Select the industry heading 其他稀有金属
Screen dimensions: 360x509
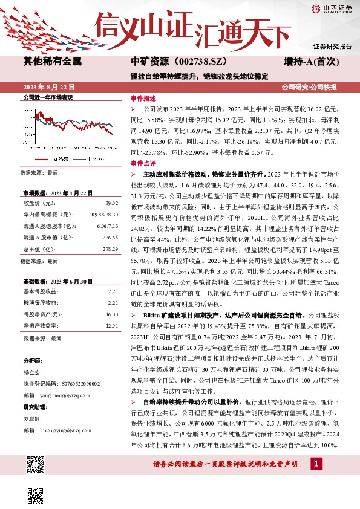pyautogui.click(x=52, y=62)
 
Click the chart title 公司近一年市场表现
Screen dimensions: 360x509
pyautogui.click(x=47, y=97)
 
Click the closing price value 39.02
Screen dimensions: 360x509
pyautogui.click(x=111, y=203)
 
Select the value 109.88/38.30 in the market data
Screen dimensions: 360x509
pyautogui.click(x=103, y=214)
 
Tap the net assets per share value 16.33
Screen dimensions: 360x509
pyautogui.click(x=111, y=314)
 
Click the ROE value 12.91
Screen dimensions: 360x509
pyautogui.click(x=111, y=326)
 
